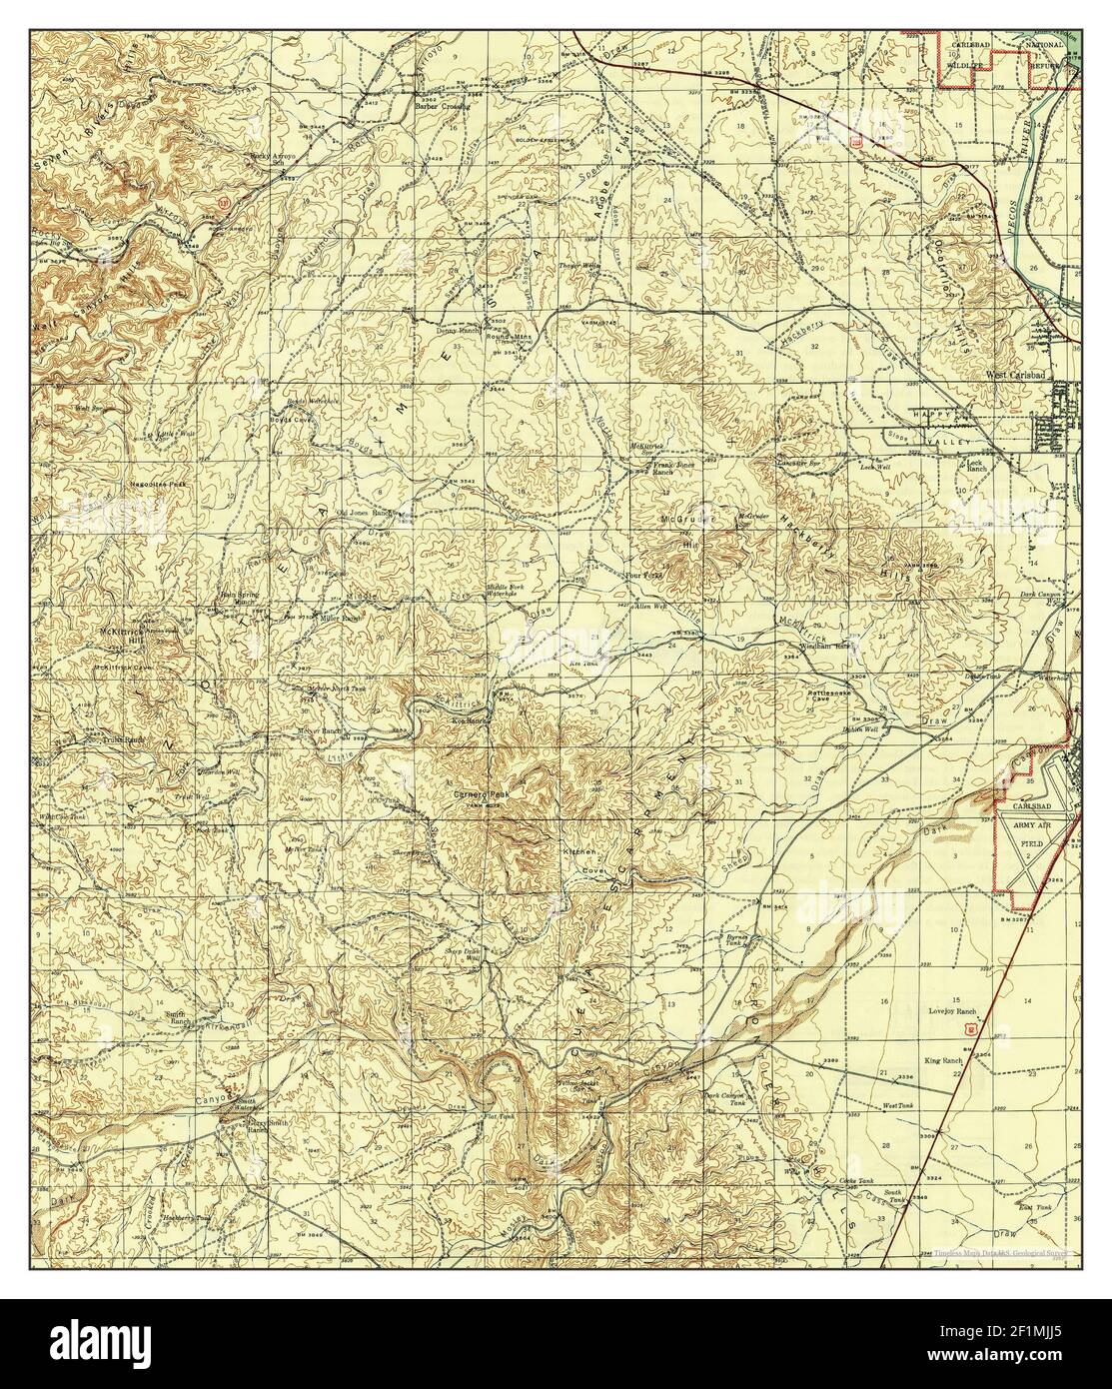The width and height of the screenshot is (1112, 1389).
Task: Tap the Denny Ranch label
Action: (x=453, y=328)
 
